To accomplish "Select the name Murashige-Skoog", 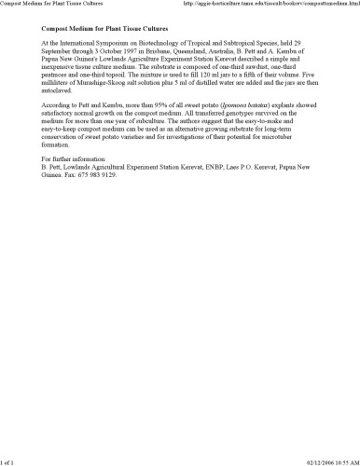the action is [x=99, y=83].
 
